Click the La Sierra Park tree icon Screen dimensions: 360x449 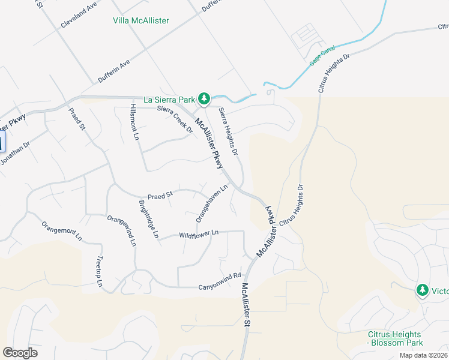click(204, 98)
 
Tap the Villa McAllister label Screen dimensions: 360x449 click(141, 20)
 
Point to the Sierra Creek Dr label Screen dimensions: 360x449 click(175, 119)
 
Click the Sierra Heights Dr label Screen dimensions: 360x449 click(229, 130)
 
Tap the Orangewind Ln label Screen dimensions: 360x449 click(122, 230)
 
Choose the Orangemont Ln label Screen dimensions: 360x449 click(61, 230)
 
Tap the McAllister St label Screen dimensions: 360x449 click(246, 305)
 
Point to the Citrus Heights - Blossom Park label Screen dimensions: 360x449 click(395, 338)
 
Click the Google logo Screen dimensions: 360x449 click(20, 353)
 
